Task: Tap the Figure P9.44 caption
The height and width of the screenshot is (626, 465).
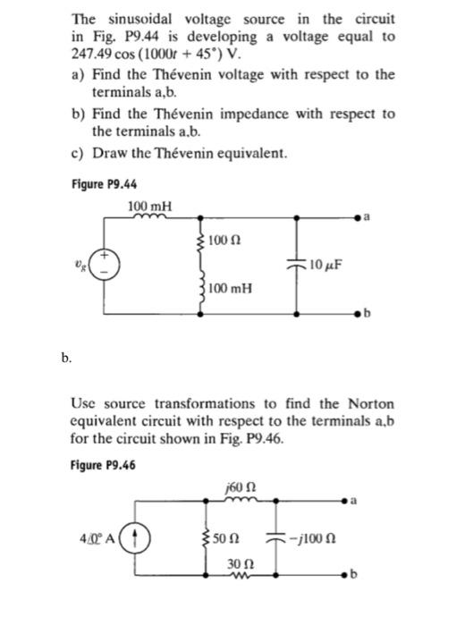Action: pos(103,184)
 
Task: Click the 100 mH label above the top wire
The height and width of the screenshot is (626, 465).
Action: pos(149,207)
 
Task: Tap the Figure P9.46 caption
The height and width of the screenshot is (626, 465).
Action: pos(103,464)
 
